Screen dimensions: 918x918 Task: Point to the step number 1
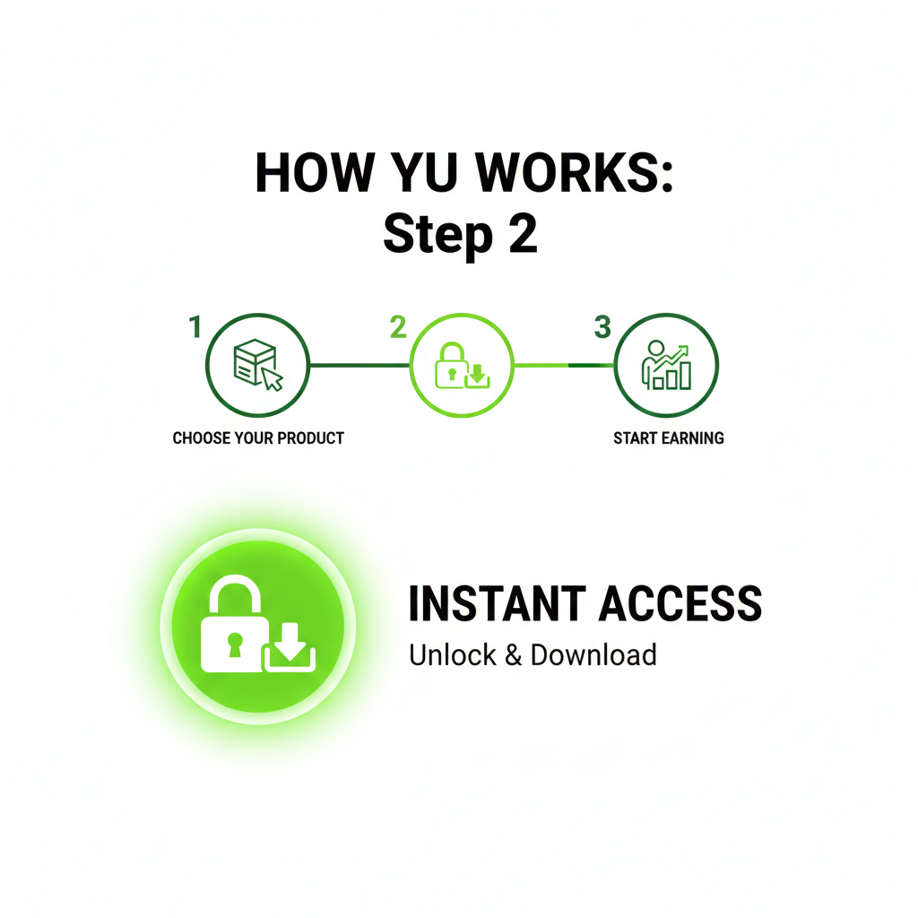pyautogui.click(x=195, y=328)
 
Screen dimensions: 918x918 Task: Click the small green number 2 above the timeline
pyautogui.click(x=398, y=328)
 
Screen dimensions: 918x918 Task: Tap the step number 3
pyautogui.click(x=602, y=328)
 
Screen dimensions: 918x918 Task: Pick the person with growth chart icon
pyautogui.click(x=666, y=366)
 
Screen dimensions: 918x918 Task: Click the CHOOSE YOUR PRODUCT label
pyautogui.click(x=258, y=438)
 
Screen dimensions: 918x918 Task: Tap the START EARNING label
pyautogui.click(x=669, y=438)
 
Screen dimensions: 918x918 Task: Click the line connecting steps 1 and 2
pyautogui.click(x=359, y=365)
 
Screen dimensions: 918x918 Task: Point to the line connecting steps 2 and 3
pyautogui.click(x=563, y=365)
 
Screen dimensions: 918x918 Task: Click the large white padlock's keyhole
pyautogui.click(x=234, y=643)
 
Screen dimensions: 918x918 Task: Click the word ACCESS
pyautogui.click(x=680, y=604)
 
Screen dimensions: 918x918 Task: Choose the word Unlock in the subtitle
pyautogui.click(x=452, y=654)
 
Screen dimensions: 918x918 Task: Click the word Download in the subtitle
pyautogui.click(x=593, y=654)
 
